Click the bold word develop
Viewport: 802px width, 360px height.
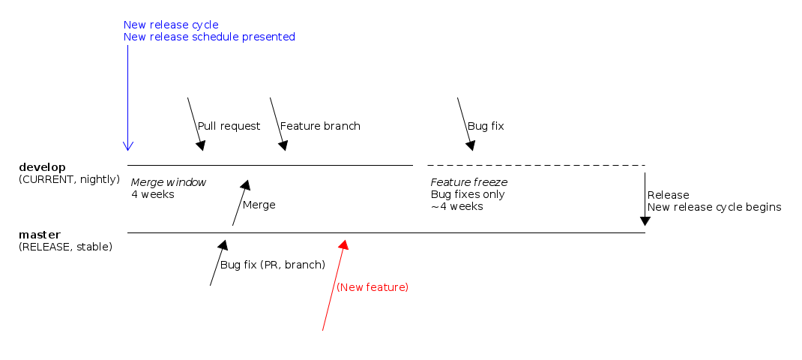point(42,166)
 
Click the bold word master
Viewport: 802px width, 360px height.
point(40,235)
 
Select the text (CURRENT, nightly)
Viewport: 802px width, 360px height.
point(69,179)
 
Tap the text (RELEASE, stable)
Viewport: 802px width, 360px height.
point(65,247)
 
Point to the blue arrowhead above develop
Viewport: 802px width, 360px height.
point(127,145)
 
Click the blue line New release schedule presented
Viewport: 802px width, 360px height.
point(209,37)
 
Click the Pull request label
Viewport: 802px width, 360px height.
point(229,126)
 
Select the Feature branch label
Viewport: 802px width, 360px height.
point(320,126)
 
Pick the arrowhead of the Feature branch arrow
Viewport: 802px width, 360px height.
point(283,145)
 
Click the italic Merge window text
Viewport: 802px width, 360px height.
point(168,182)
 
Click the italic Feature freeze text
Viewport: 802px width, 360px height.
point(469,182)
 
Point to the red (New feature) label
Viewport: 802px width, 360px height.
point(373,287)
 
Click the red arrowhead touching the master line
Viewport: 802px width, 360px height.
point(343,244)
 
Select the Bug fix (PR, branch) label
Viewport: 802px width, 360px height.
point(273,265)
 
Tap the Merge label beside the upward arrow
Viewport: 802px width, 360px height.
point(259,205)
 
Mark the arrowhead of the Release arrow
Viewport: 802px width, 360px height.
point(645,220)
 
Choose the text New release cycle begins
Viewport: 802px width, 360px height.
point(714,207)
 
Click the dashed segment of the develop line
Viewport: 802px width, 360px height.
point(536,165)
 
